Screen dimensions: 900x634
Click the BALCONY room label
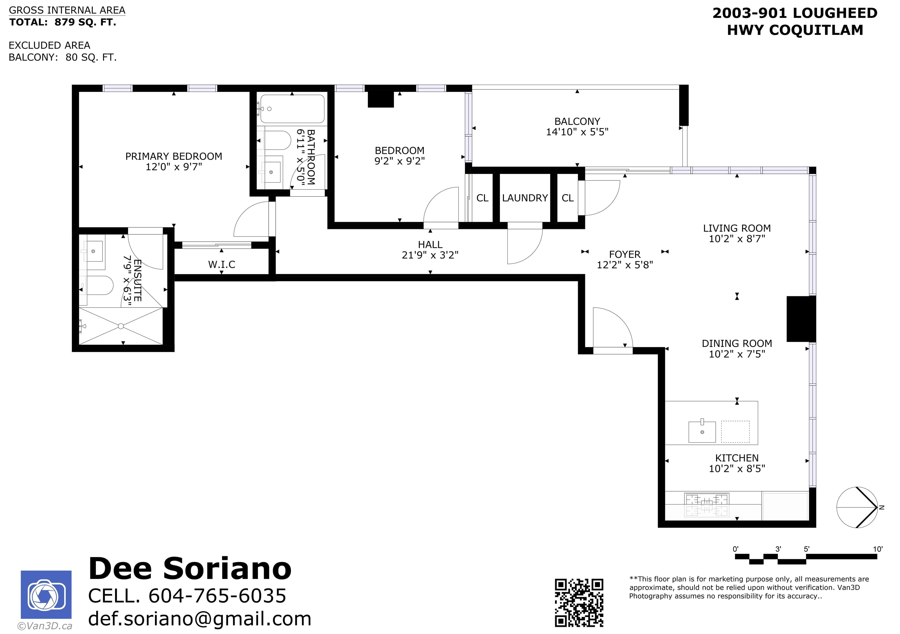[577, 122]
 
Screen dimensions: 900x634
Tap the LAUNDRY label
[525, 198]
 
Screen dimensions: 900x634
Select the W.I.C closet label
[222, 265]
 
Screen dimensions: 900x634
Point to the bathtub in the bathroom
[292, 109]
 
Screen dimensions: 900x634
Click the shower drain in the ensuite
[121, 326]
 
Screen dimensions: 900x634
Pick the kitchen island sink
[703, 431]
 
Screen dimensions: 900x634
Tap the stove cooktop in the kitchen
[707, 505]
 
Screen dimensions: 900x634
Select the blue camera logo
[46, 595]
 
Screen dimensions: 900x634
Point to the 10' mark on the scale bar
[877, 549]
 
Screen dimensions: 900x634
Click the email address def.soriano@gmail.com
[200, 619]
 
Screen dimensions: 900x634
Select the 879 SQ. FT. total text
[86, 22]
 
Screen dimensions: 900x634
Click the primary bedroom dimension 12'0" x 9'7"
[174, 167]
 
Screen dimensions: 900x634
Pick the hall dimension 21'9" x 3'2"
[430, 255]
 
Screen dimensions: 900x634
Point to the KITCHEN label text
[737, 458]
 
